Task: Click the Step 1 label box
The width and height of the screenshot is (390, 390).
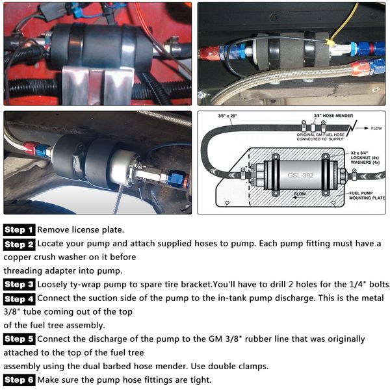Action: click(x=19, y=230)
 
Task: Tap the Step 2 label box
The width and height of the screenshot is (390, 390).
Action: click(x=19, y=244)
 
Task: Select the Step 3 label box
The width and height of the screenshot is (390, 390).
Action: click(x=19, y=284)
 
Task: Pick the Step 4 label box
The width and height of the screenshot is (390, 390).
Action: click(x=19, y=299)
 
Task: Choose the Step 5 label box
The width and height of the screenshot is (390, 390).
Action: click(x=19, y=339)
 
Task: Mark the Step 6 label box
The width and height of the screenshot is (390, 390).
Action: click(x=19, y=380)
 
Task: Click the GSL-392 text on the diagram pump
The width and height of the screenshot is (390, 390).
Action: click(x=300, y=175)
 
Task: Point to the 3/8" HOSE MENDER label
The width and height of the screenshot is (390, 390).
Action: click(x=333, y=116)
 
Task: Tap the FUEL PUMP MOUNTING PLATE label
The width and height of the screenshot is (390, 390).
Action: click(x=367, y=196)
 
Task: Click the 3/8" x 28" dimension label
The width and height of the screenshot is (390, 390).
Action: click(x=227, y=116)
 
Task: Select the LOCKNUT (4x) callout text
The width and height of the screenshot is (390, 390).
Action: click(x=365, y=158)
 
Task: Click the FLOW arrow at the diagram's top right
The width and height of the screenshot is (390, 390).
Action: click(x=362, y=128)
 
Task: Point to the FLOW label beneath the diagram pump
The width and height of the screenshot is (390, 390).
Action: click(x=300, y=194)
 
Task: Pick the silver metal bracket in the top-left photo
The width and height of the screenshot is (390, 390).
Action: click(x=97, y=85)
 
